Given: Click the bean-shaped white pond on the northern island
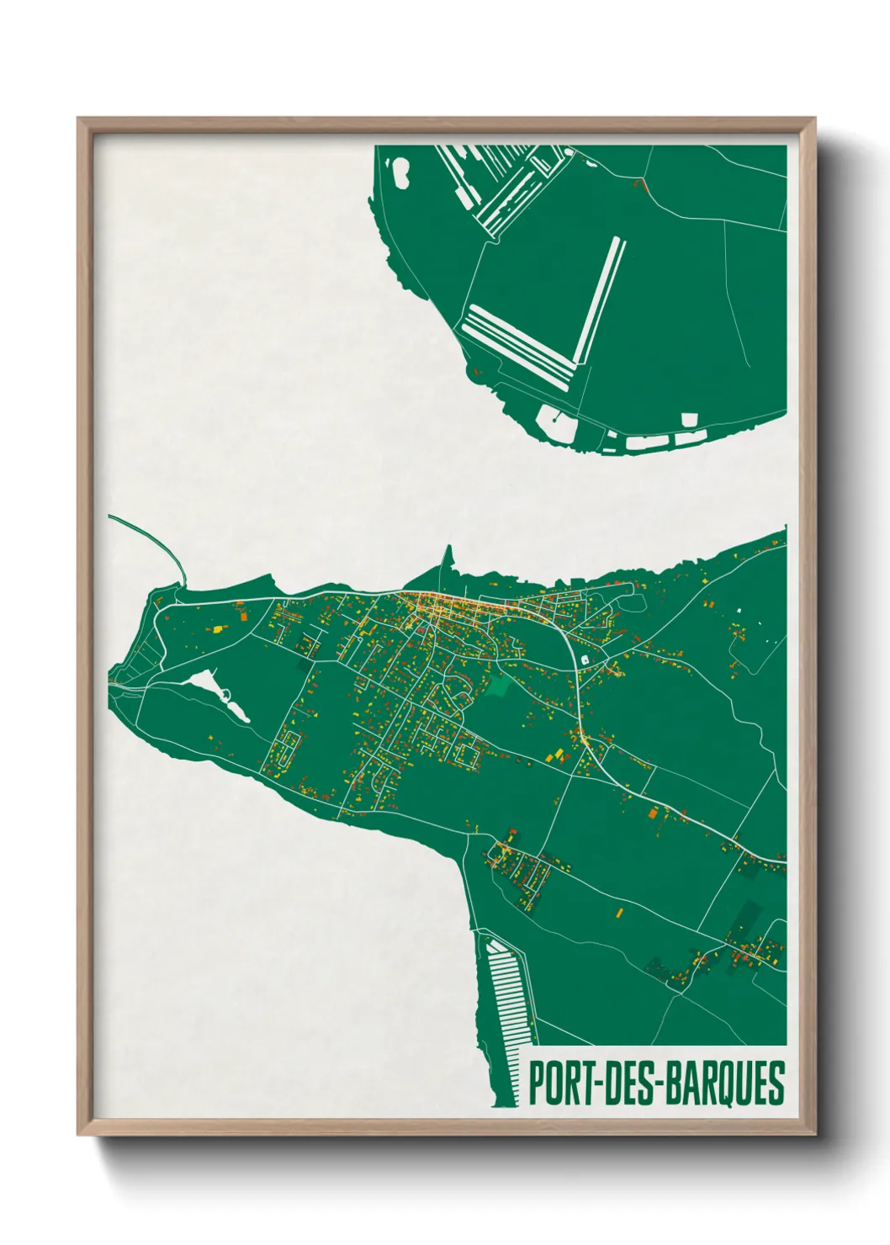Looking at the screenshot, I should (x=400, y=173).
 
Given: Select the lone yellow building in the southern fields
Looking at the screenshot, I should (x=619, y=911).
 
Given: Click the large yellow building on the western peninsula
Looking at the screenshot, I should (x=218, y=628).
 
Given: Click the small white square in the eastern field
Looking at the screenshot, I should (x=741, y=611).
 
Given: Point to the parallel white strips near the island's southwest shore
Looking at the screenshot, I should (x=517, y=345).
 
